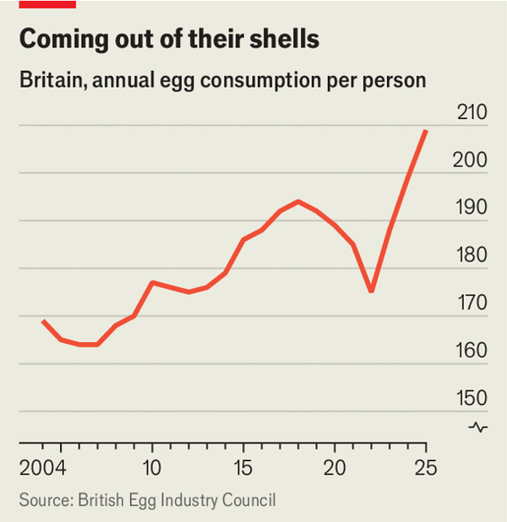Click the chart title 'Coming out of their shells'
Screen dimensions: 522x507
pos(169,40)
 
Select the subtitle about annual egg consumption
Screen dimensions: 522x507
pos(222,81)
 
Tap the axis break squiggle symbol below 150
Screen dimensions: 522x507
pos(478,427)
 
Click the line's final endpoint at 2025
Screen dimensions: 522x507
pos(426,131)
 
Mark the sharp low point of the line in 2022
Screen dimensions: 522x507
pos(371,291)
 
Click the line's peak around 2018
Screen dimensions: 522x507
pos(298,201)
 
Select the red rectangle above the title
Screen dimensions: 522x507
pos(47,4)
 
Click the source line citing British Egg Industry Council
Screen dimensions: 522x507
pos(148,501)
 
